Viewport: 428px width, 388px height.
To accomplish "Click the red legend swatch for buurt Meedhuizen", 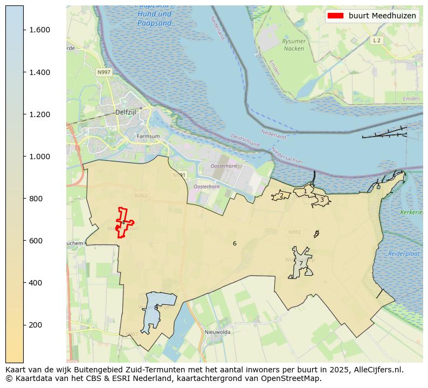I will click(x=335, y=16).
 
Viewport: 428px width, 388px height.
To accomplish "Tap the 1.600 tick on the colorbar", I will click(x=39, y=30).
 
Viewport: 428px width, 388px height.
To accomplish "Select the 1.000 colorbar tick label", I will click(x=39, y=156).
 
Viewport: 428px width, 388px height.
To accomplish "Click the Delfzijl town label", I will click(x=126, y=112).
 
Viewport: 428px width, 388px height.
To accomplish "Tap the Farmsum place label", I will click(x=148, y=137).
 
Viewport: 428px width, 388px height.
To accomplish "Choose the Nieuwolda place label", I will click(x=217, y=332).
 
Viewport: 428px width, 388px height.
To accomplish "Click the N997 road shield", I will click(x=103, y=72).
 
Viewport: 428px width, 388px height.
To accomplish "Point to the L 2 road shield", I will click(x=376, y=40).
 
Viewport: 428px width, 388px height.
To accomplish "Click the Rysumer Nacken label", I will click(x=294, y=45).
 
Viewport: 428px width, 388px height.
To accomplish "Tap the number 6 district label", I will click(x=234, y=244).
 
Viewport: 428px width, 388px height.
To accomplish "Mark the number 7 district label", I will click(x=301, y=264).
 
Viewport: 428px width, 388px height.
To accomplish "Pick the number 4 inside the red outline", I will click(x=123, y=222).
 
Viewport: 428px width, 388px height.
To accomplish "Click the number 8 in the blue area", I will click(x=156, y=308).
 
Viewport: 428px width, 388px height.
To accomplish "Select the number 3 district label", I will click(x=322, y=200).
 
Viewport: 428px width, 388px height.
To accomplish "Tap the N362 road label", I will click(x=140, y=196).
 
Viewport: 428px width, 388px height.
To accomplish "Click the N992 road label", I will click(x=294, y=233).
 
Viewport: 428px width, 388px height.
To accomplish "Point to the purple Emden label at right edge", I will click(x=411, y=99).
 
